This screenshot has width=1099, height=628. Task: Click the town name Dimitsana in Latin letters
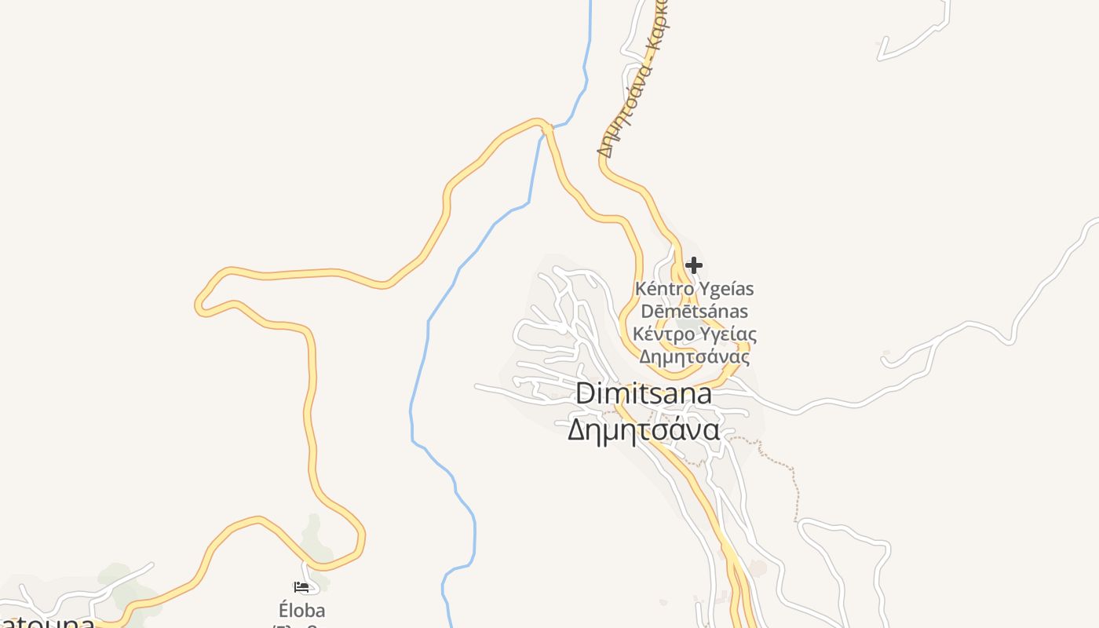(644, 393)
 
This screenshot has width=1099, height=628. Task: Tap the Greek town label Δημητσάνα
(644, 429)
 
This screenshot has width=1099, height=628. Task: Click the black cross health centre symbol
(694, 265)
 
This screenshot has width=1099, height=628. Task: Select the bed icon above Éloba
(301, 586)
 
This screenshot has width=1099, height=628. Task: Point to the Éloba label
(302, 610)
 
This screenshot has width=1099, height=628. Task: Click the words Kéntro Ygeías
(694, 288)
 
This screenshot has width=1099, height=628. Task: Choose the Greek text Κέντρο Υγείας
(695, 334)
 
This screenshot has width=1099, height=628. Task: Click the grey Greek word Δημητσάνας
(694, 357)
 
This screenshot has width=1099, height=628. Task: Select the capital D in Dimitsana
(585, 393)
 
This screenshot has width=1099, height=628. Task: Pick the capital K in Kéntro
(641, 288)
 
